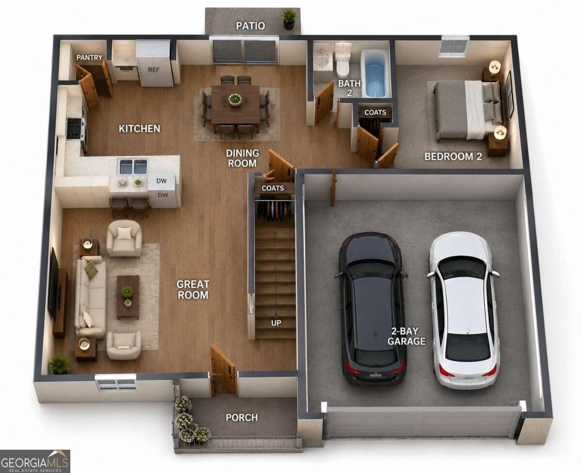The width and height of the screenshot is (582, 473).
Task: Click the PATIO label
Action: point(250,26)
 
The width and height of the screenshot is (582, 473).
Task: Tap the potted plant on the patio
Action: point(289,19)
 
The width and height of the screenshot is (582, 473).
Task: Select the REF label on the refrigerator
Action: point(154,70)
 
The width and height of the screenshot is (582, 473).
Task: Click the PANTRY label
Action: point(89,57)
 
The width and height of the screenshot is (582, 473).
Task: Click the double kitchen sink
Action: point(132,167)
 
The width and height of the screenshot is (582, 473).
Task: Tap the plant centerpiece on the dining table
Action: point(235,99)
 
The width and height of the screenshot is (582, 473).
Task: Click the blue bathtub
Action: point(376,73)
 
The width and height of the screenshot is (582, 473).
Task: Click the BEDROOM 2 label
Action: point(453,156)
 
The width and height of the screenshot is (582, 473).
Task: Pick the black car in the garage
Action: point(372,309)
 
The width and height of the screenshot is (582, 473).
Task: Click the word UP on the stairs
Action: point(276,323)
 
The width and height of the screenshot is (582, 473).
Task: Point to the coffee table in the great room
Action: point(128,297)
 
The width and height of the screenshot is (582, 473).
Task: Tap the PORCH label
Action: point(242,418)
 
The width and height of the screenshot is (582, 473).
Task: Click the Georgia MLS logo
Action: point(35,461)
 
